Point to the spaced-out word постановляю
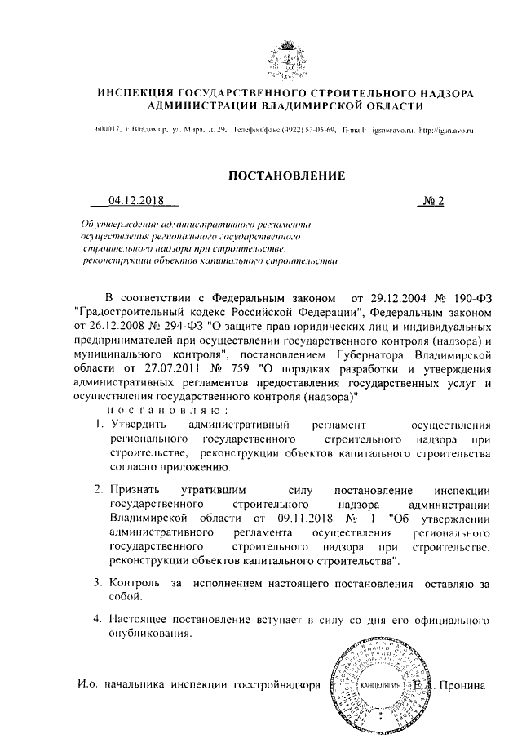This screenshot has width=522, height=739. click(171, 411)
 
